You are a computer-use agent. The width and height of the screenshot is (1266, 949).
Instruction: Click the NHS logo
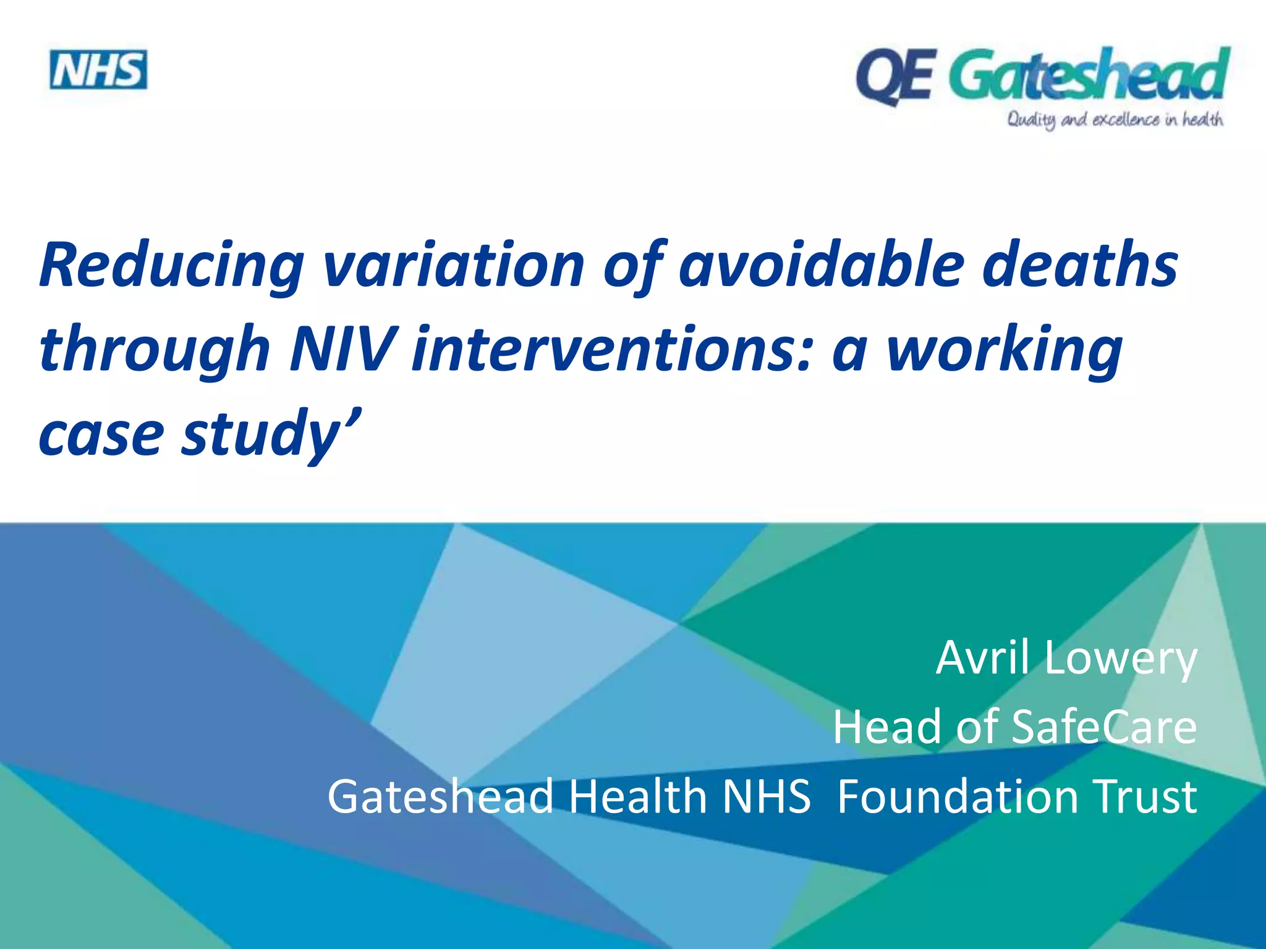[x=98, y=70]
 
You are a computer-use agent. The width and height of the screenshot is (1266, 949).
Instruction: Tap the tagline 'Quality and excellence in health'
[x=1115, y=119]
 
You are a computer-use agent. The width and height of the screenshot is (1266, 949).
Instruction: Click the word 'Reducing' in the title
[x=171, y=266]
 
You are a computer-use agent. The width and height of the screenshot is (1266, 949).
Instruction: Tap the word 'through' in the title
[x=155, y=350]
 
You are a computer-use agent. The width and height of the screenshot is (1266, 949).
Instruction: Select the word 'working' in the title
[x=1005, y=350]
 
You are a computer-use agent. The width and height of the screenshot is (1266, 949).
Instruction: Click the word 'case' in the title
[x=101, y=434]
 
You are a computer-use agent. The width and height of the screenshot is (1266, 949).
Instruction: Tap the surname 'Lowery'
[x=1121, y=659]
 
